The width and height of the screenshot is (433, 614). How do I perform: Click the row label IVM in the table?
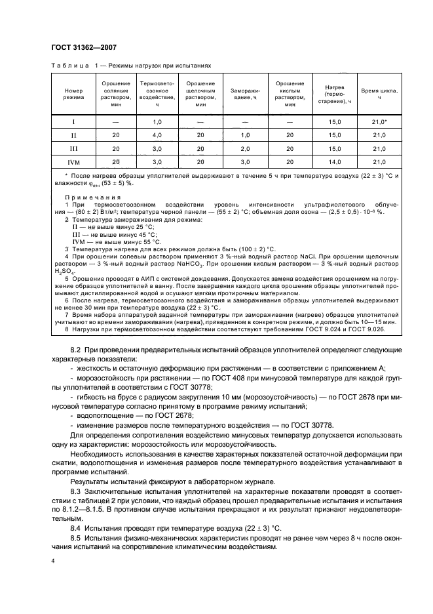pyautogui.click(x=73, y=161)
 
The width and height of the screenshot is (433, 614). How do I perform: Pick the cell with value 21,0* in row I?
pyautogui.click(x=379, y=122)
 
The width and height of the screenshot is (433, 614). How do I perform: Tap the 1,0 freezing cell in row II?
pyautogui.click(x=246, y=135)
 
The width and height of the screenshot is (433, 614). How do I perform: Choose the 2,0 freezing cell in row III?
pyautogui.click(x=246, y=148)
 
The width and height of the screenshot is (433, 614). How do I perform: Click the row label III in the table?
pyautogui.click(x=73, y=148)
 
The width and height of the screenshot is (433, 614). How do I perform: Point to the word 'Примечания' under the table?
pyautogui.click(x=92, y=197)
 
